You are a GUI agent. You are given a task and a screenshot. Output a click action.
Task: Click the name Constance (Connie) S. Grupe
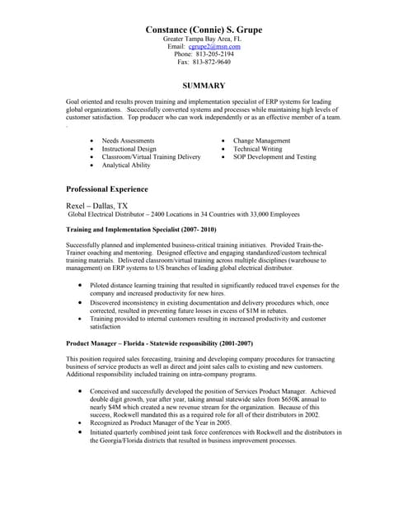[204, 30]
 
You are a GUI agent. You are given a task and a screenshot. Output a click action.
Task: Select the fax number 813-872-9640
[212, 62]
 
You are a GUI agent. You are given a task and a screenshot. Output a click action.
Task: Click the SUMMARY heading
[204, 86]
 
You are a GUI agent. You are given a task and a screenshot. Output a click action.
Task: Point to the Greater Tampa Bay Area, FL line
[203, 39]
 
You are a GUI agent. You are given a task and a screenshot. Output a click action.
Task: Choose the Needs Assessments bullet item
[128, 141]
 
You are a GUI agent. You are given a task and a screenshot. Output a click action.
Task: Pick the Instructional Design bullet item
[129, 149]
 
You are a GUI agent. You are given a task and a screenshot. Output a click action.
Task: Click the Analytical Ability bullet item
[126, 165]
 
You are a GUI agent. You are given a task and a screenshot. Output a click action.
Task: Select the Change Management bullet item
[261, 141]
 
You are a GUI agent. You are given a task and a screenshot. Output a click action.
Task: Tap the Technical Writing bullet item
[257, 149]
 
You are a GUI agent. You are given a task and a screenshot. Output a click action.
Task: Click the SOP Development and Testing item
[274, 156]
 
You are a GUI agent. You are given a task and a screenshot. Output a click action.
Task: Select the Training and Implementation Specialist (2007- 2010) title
[140, 229]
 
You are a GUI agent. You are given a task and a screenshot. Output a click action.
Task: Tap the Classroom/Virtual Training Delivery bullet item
[151, 156]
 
